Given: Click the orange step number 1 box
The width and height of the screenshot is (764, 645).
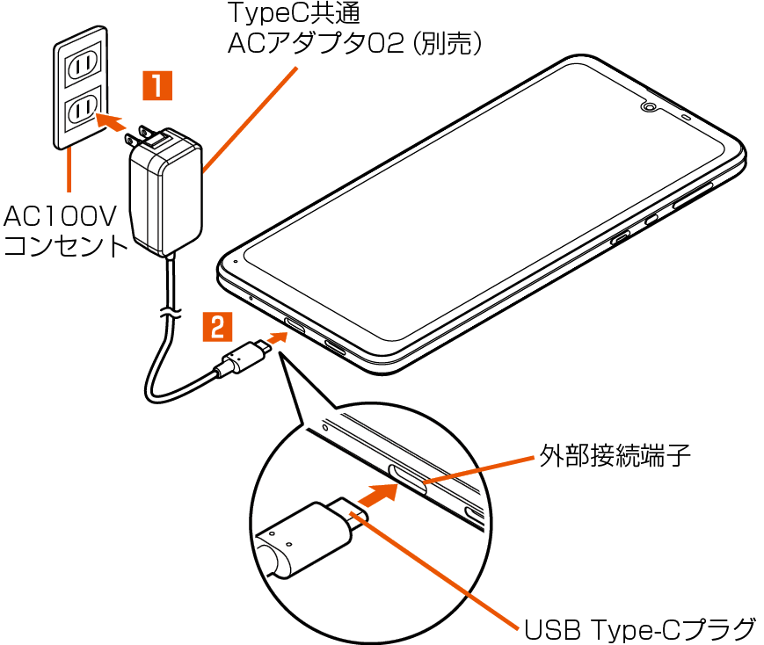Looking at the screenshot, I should point(157,87).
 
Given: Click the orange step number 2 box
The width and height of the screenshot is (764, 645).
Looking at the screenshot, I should point(218,327).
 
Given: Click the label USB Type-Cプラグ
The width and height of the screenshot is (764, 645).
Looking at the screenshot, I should point(640,629).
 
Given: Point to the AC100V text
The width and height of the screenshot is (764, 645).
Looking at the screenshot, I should point(61,216).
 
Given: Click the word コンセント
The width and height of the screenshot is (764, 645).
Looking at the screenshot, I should point(67,245).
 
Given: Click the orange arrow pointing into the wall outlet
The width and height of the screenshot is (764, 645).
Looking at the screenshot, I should point(110,120).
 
